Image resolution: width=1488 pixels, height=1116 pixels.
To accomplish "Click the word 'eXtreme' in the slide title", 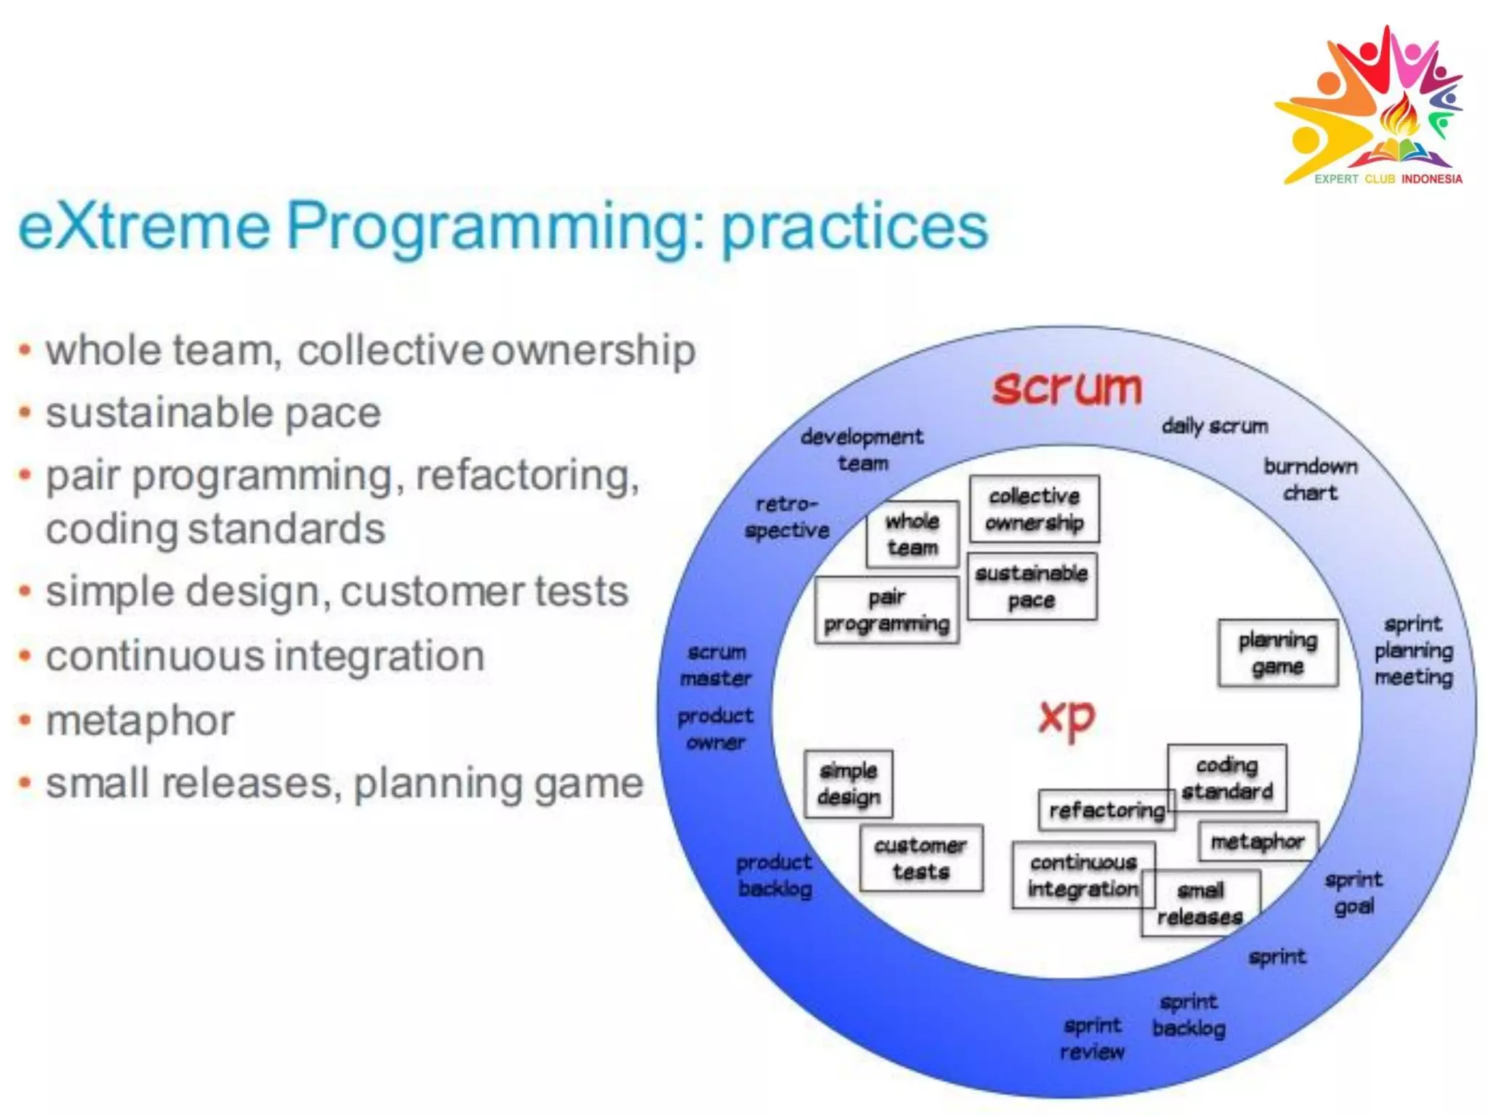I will (x=144, y=226).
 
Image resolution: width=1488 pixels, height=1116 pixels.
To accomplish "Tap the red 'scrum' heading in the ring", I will (x=1067, y=387).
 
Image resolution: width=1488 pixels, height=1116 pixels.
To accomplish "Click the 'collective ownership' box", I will (x=1034, y=509).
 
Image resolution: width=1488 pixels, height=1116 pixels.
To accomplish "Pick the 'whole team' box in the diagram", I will (x=912, y=534).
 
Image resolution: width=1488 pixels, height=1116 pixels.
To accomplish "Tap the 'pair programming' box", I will (x=886, y=610).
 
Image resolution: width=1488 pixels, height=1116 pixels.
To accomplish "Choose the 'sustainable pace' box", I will (x=1031, y=586).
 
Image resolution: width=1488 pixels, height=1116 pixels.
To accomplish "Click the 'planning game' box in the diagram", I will (x=1277, y=652).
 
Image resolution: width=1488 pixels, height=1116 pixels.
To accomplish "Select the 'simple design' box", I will (x=848, y=784).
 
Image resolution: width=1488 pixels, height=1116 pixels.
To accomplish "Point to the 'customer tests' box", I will (x=921, y=858).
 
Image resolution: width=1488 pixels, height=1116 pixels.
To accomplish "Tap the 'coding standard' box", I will (x=1226, y=777).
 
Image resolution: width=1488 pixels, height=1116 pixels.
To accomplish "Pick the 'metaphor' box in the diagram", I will (x=1257, y=841).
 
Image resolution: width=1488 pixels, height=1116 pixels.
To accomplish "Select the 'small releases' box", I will (x=1200, y=903).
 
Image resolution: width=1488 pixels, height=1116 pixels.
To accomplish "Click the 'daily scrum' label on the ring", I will (x=1214, y=426).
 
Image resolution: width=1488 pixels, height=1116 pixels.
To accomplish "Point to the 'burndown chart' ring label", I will (x=1310, y=479).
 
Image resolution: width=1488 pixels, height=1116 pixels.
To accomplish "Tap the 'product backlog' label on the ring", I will (x=774, y=875).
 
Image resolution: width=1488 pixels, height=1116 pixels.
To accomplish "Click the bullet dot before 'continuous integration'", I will (x=25, y=656).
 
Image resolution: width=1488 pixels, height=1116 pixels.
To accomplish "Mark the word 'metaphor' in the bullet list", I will (x=140, y=721).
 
